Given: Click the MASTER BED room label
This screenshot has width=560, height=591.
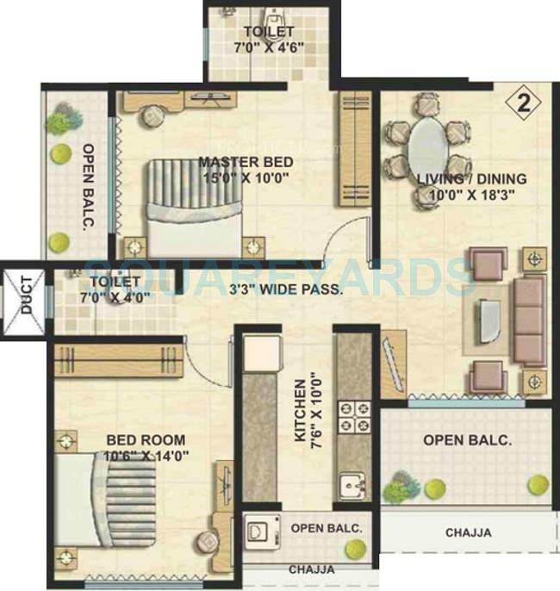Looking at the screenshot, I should click(x=246, y=162).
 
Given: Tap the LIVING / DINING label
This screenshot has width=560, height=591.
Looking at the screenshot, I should click(x=471, y=179).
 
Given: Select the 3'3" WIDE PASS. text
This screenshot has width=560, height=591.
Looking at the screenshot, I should click(x=288, y=290).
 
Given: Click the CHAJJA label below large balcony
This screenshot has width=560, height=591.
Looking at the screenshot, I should click(x=468, y=533).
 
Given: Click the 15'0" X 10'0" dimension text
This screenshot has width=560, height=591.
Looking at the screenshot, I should click(x=246, y=178).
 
